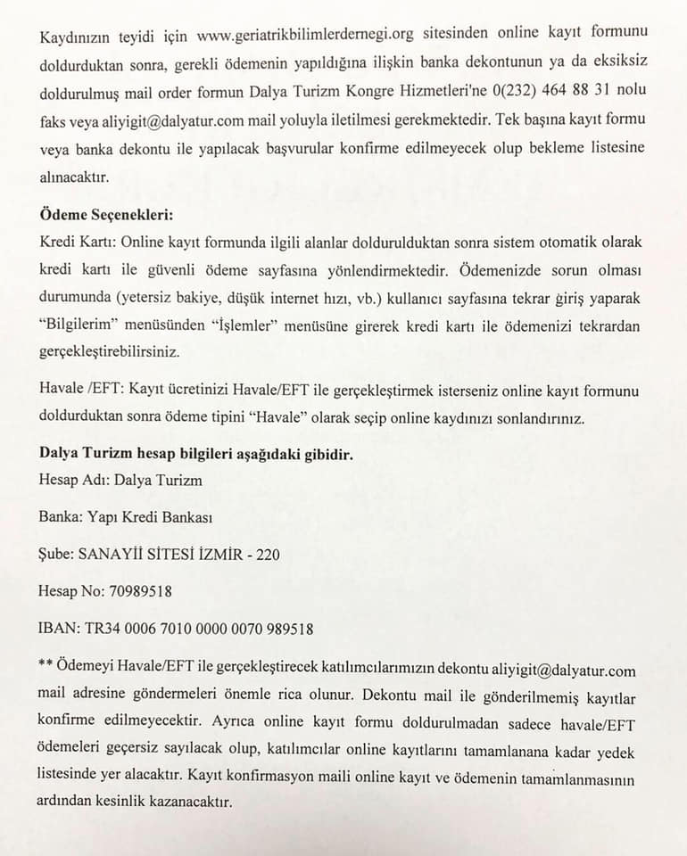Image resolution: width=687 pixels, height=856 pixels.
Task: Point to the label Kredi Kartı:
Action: pyautogui.click(x=78, y=243)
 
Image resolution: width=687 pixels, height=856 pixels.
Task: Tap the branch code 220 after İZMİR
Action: pyautogui.click(x=268, y=554)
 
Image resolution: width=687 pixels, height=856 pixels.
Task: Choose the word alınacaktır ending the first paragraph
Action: pyautogui.click(x=74, y=177)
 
